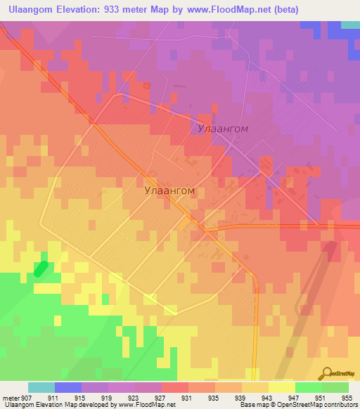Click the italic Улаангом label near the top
click(x=221, y=130)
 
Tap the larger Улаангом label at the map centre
click(x=169, y=190)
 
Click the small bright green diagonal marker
click(x=41, y=268)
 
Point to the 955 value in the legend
click(x=347, y=398)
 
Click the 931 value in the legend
click(x=186, y=398)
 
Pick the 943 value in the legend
click(x=266, y=398)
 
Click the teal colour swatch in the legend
click(x=41, y=387)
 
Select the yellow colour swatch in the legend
click(x=282, y=387)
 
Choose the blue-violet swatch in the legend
click(x=68, y=387)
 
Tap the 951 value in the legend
click(x=320, y=398)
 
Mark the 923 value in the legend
click(x=133, y=398)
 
